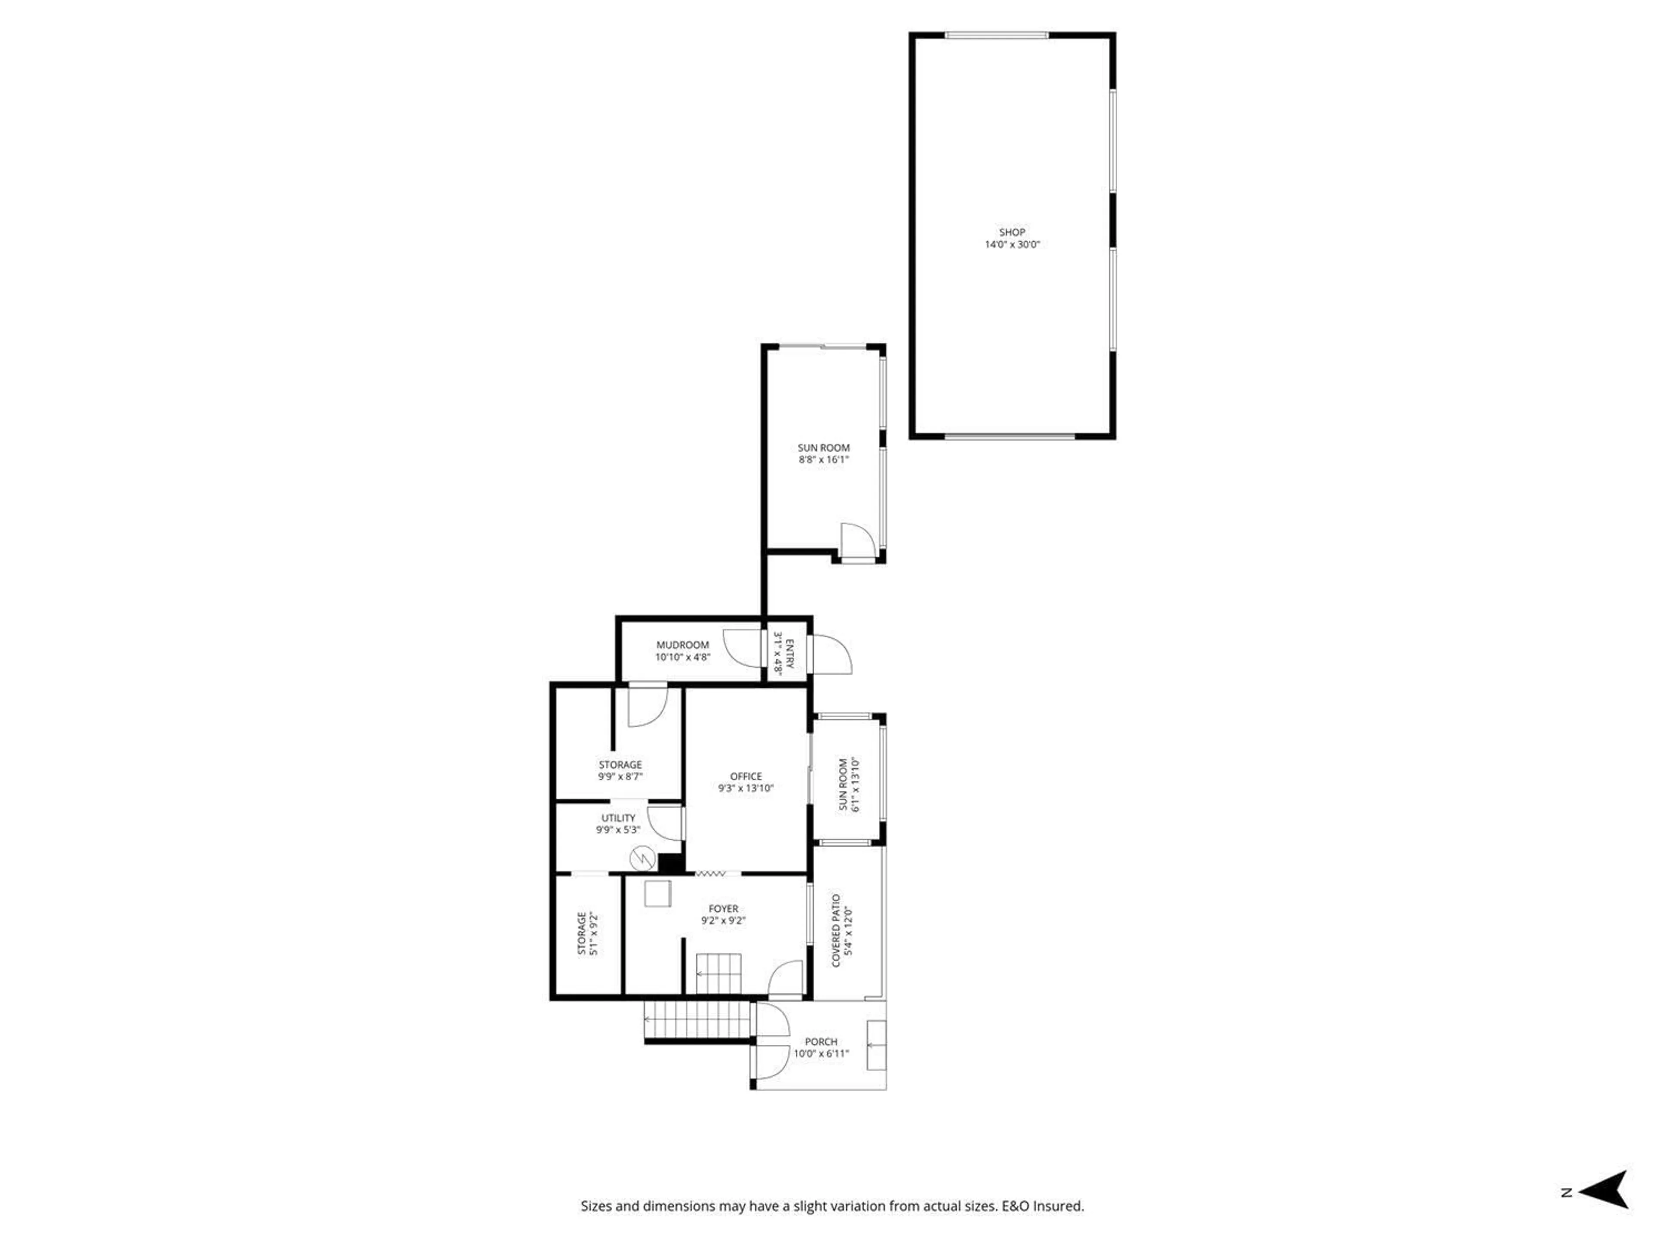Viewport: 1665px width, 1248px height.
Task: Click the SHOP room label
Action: click(1012, 232)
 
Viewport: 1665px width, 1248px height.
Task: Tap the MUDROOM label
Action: click(682, 645)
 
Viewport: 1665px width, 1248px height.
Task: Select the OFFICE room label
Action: click(745, 777)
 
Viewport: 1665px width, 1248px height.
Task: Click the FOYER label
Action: click(723, 909)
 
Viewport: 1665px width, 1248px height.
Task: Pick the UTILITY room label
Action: click(618, 818)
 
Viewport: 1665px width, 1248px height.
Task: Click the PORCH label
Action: click(820, 1042)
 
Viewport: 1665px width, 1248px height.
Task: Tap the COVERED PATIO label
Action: click(836, 930)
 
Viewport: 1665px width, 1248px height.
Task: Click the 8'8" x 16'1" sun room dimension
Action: click(823, 460)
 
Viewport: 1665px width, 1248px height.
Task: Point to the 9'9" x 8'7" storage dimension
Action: click(620, 777)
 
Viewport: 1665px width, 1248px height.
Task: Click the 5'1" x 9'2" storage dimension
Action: click(594, 933)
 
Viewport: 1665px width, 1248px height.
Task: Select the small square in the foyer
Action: click(657, 894)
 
